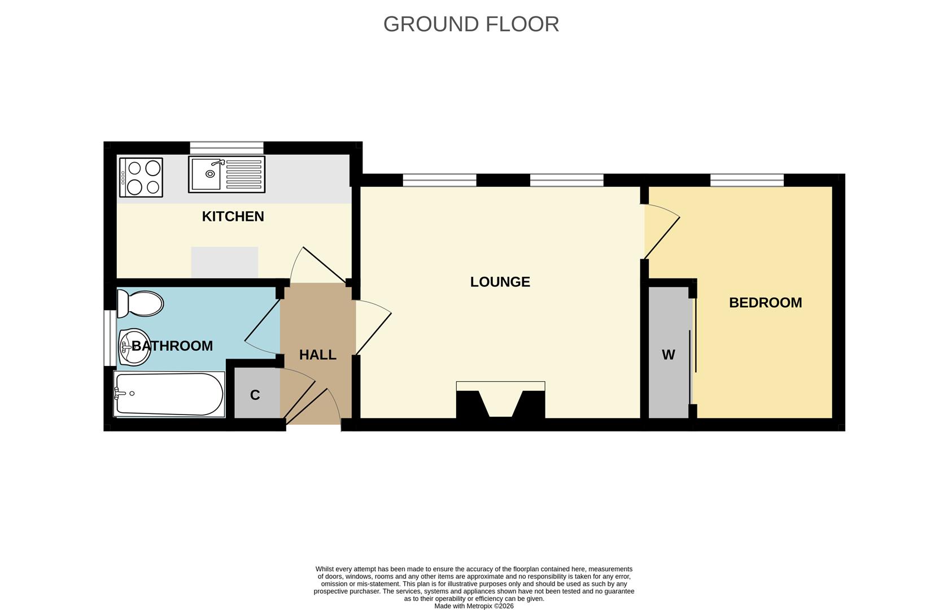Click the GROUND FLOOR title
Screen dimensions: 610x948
(471, 24)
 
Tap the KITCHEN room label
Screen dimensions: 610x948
(233, 216)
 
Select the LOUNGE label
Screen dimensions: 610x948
(500, 282)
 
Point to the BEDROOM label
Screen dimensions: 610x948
(765, 303)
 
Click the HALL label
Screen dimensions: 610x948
(317, 355)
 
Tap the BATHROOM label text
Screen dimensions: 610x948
(172, 346)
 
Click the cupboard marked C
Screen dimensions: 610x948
(255, 395)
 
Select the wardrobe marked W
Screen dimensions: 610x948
(669, 355)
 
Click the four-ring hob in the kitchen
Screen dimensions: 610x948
(141, 177)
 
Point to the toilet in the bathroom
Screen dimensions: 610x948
(140, 303)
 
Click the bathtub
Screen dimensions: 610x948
(168, 394)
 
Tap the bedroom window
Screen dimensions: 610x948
(746, 180)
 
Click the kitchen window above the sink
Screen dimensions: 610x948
(226, 148)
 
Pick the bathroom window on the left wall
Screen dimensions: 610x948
(107, 338)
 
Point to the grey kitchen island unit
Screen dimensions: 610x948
(224, 262)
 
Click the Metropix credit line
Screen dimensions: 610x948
(474, 606)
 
